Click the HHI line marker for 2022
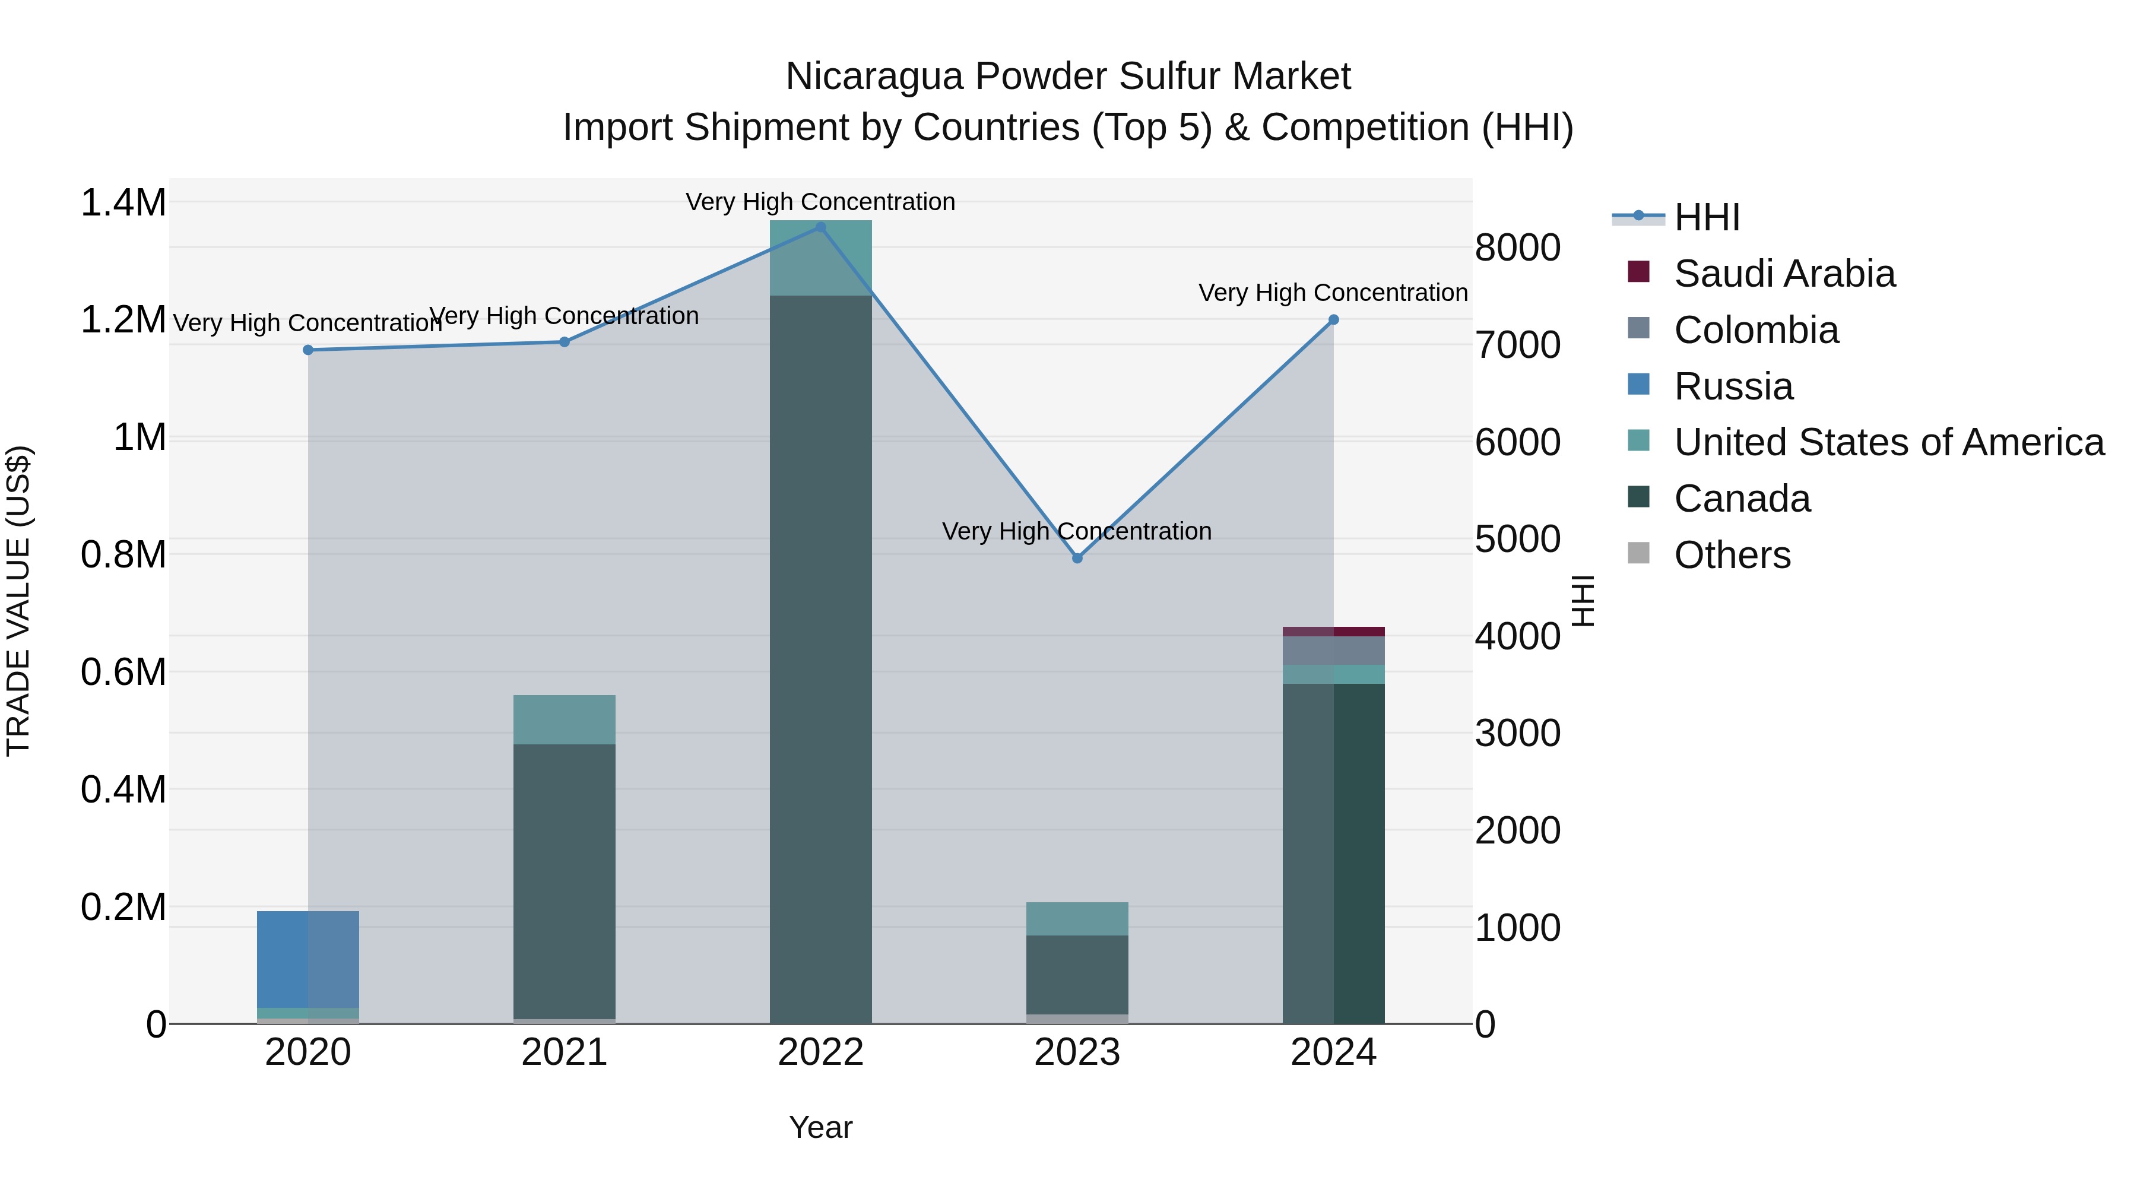820,227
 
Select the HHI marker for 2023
1077,559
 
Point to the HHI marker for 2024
1333,320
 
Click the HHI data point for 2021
564,342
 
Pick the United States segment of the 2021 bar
564,719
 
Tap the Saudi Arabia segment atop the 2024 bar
1333,632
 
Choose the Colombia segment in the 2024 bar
1333,651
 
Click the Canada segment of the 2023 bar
1077,975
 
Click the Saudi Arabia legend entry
1784,274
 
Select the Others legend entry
1732,555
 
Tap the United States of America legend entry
1888,442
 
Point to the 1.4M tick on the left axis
123,203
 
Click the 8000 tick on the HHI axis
1517,248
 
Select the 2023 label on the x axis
1077,1052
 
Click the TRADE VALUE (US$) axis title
18,601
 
